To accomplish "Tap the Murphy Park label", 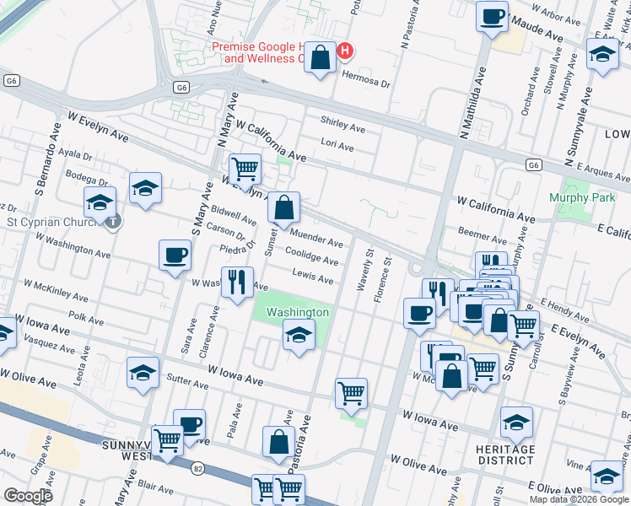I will (579, 197).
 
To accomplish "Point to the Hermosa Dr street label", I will (367, 84).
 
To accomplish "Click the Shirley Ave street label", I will (342, 128).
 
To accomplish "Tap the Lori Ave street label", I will (337, 146).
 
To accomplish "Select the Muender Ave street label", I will (316, 237).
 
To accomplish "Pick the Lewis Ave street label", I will (312, 275).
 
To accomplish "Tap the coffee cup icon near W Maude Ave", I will (492, 16).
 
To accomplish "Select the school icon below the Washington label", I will (298, 336).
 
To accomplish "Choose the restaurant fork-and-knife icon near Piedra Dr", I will (237, 282).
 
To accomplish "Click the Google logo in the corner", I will (28, 496).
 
